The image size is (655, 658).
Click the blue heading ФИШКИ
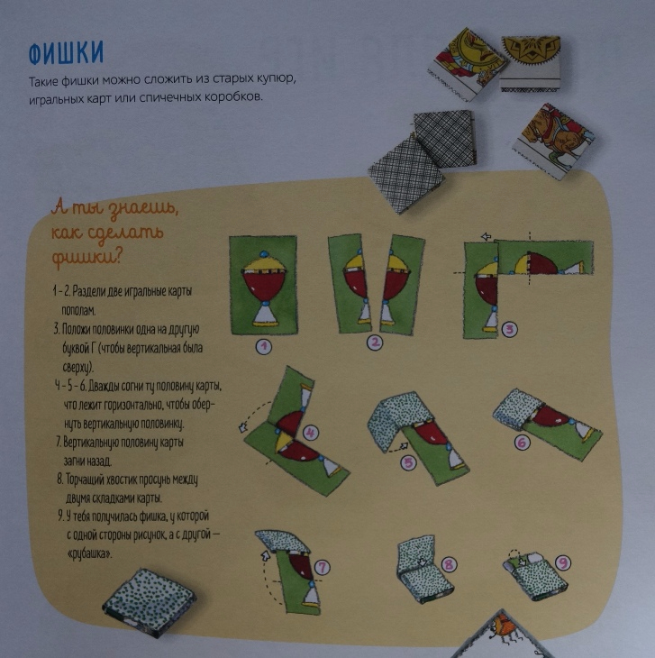click(66, 53)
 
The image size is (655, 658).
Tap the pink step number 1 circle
click(264, 346)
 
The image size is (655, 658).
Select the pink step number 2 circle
click(375, 343)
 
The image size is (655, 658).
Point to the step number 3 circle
click(509, 329)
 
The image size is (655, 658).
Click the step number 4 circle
click(310, 433)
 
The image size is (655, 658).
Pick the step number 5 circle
click(408, 463)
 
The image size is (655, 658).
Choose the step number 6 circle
click(522, 442)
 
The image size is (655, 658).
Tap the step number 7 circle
click(322, 568)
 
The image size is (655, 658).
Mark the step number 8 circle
click(449, 564)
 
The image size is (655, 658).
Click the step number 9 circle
click(563, 562)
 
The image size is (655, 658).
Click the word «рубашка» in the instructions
click(89, 554)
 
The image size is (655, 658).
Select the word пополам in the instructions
click(78, 311)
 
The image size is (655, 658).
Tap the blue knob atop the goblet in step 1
click(264, 254)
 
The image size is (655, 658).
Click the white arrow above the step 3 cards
click(486, 237)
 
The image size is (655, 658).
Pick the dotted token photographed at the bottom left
click(150, 601)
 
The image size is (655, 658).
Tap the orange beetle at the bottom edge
click(503, 628)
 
